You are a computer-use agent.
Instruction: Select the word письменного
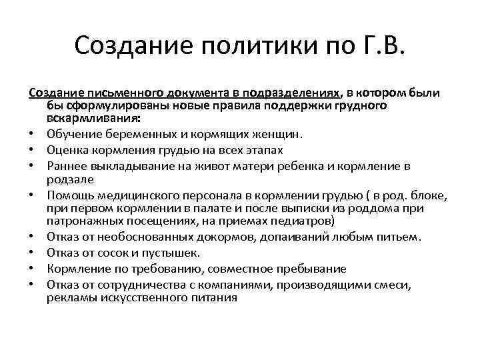[129, 93]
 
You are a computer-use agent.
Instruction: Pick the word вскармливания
[93, 118]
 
